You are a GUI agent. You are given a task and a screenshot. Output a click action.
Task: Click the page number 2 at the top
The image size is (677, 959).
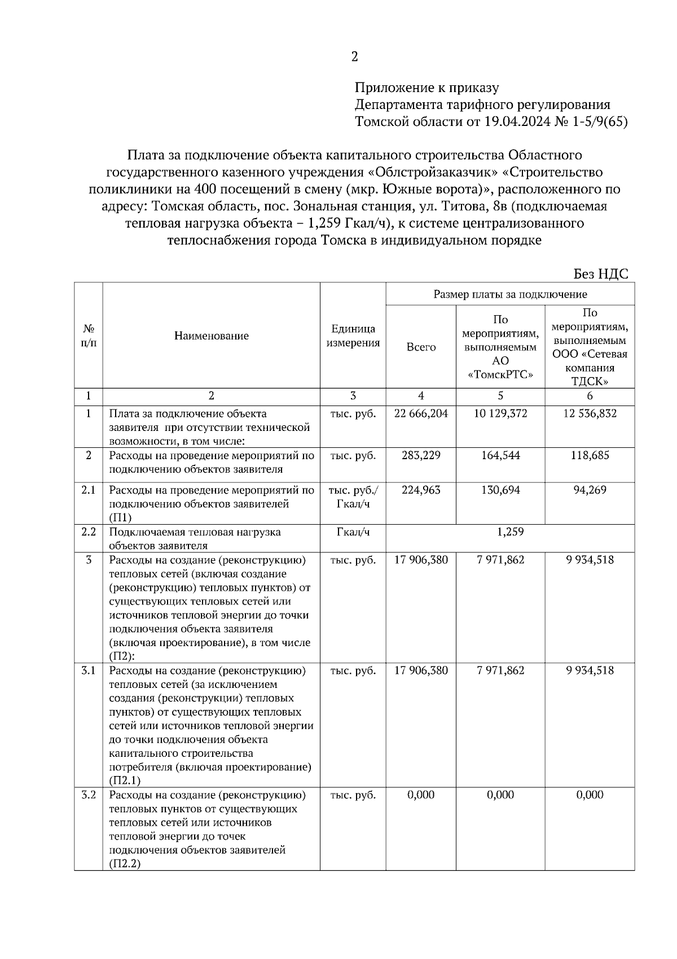[x=354, y=56]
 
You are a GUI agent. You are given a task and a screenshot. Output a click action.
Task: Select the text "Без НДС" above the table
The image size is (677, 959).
[x=600, y=274]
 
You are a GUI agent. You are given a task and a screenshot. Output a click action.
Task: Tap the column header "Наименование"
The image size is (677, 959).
[x=211, y=336]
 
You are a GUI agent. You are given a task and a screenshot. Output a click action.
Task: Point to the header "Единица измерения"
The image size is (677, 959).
[x=353, y=336]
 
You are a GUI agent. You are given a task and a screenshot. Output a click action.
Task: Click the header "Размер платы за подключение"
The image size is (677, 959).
[x=510, y=294]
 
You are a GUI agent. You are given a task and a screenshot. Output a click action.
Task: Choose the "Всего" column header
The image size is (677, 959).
[x=421, y=347]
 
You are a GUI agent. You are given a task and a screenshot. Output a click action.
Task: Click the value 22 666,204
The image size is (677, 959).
[x=421, y=413]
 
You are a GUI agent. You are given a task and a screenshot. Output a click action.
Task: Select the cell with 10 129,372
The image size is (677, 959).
[x=500, y=413]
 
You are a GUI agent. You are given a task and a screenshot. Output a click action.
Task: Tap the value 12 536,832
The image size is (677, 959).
[x=590, y=413]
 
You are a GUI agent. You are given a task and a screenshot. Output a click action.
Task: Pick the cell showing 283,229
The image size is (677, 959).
[x=421, y=455]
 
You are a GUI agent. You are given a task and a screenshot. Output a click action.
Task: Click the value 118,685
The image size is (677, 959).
[x=590, y=455]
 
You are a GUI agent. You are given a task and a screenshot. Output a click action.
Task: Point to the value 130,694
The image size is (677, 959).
[x=500, y=490]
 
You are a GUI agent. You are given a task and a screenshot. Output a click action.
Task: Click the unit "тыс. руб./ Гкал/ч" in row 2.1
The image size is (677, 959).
[x=353, y=496]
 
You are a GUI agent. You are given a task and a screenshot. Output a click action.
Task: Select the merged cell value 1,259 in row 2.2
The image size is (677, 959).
[x=510, y=531]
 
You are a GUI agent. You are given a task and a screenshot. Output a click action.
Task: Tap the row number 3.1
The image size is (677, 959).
[x=88, y=670]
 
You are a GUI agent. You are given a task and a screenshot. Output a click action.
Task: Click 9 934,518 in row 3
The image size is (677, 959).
[x=590, y=560]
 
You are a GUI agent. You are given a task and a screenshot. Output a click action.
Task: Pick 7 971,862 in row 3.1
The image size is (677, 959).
[x=500, y=670]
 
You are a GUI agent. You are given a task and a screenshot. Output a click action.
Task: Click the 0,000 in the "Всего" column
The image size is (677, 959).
[x=421, y=795]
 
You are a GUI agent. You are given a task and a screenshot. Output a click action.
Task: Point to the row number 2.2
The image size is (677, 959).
[x=88, y=531]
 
